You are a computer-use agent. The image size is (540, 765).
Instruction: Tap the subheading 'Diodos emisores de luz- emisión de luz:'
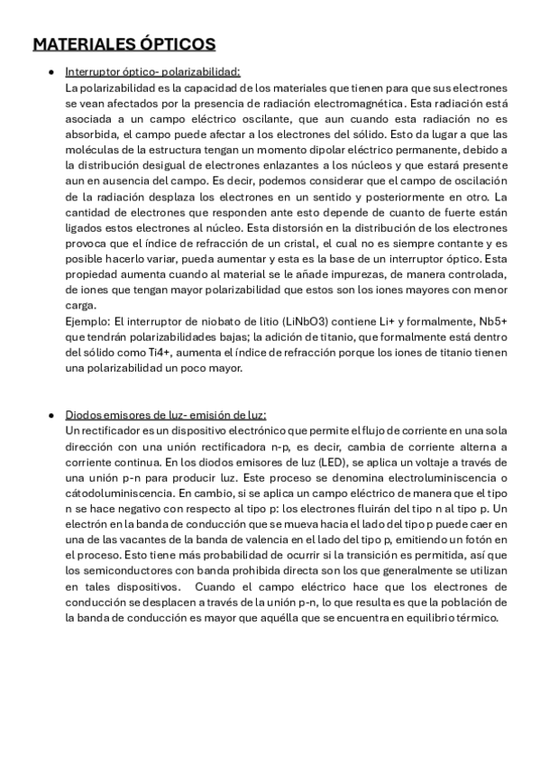(x=166, y=415)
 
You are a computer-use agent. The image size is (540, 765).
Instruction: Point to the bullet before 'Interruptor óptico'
(x=52, y=72)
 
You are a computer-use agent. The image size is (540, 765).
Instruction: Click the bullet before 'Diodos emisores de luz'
(x=52, y=415)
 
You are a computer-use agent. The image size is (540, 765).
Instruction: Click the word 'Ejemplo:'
(x=87, y=321)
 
